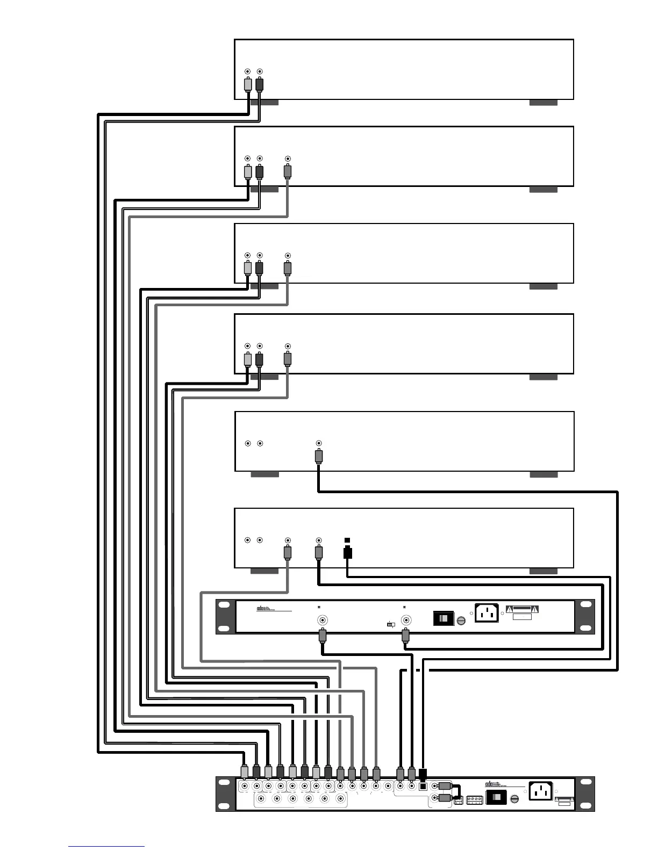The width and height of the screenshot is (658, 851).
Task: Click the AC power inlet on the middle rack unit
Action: point(487,614)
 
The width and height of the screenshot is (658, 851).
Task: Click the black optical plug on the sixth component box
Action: point(347,552)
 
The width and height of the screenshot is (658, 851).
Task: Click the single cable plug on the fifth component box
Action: point(319,457)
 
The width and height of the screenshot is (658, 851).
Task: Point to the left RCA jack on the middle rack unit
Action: point(323,619)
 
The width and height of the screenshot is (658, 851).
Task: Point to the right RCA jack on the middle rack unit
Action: point(407,619)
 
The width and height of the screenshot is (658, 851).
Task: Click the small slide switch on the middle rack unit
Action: point(391,625)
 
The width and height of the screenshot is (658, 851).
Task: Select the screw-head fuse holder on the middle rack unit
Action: point(461,621)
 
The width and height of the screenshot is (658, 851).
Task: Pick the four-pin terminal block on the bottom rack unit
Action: point(475,800)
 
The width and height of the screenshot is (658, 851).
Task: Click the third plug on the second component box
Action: point(288,172)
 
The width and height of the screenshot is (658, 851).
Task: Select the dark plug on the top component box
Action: point(260,85)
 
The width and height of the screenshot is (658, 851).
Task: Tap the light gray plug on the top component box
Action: point(247,85)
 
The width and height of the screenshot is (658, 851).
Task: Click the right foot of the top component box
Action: point(543,102)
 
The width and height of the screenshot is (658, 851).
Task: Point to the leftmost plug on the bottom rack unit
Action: point(245,773)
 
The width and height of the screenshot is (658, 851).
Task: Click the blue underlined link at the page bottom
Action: point(106,846)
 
